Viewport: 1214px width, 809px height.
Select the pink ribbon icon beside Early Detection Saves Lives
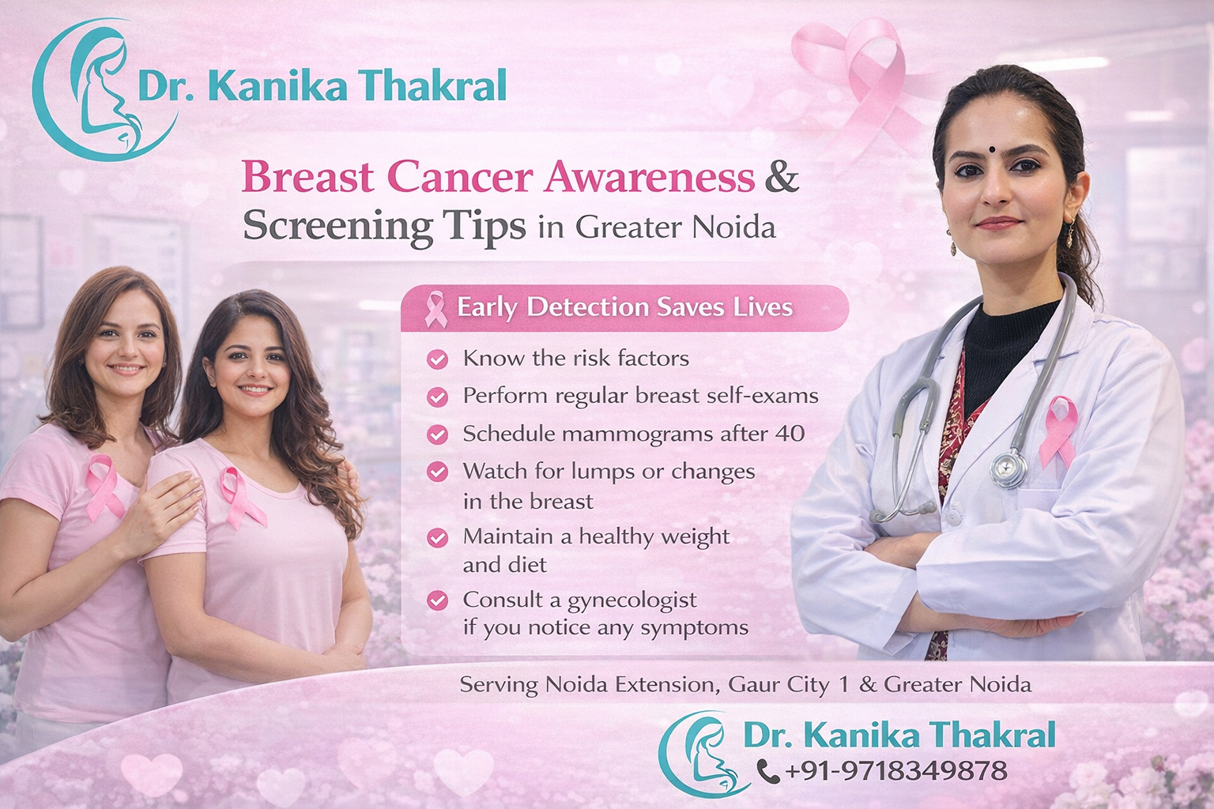click(435, 308)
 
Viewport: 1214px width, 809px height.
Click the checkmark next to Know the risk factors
click(437, 360)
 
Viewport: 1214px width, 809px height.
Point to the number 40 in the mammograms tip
click(790, 434)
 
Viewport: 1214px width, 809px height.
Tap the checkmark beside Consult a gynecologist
click(437, 600)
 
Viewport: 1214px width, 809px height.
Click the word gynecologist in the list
click(632, 600)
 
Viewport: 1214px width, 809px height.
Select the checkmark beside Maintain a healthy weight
click(437, 538)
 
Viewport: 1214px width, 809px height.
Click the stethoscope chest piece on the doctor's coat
click(1009, 469)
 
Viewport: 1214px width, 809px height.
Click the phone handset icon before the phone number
click(767, 770)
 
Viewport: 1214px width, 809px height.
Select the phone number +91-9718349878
click(896, 770)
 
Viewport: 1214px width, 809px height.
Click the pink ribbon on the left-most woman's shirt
click(103, 485)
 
